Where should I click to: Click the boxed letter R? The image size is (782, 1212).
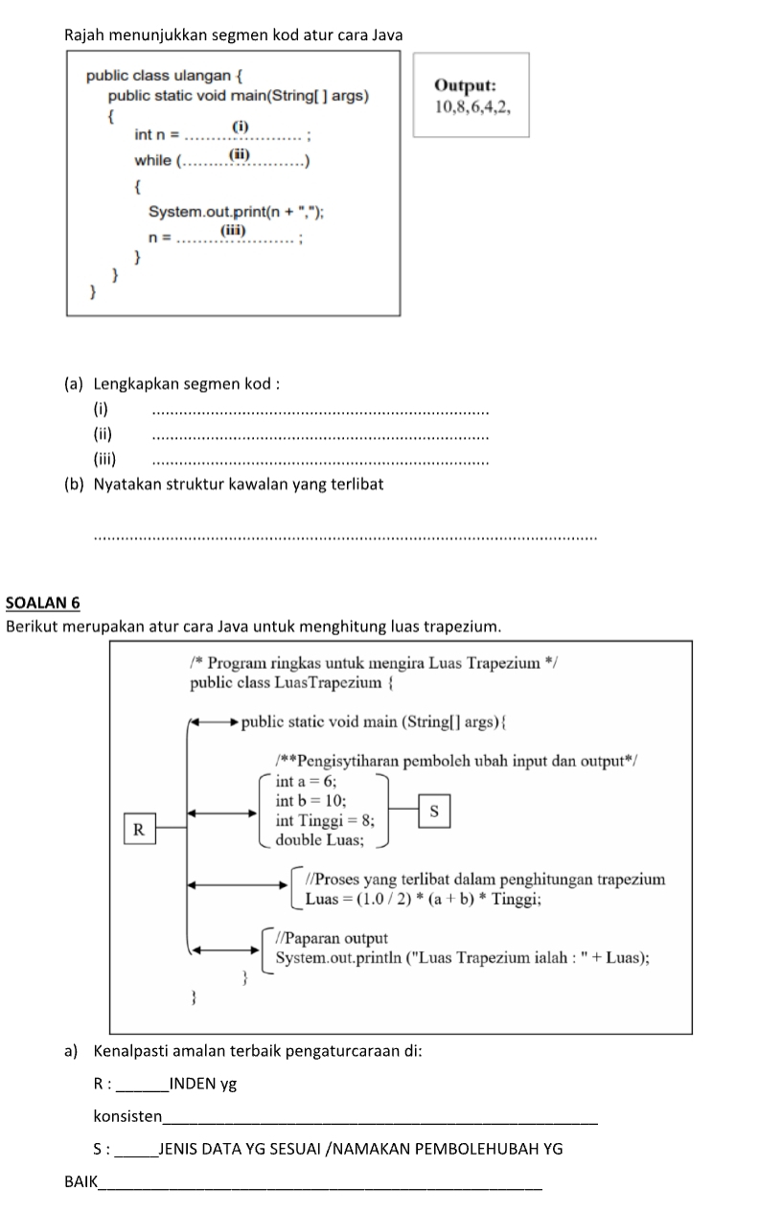click(138, 829)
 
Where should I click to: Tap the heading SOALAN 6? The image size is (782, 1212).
click(42, 603)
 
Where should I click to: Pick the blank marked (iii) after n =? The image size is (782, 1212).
click(236, 237)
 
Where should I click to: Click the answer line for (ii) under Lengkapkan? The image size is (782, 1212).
click(320, 437)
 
